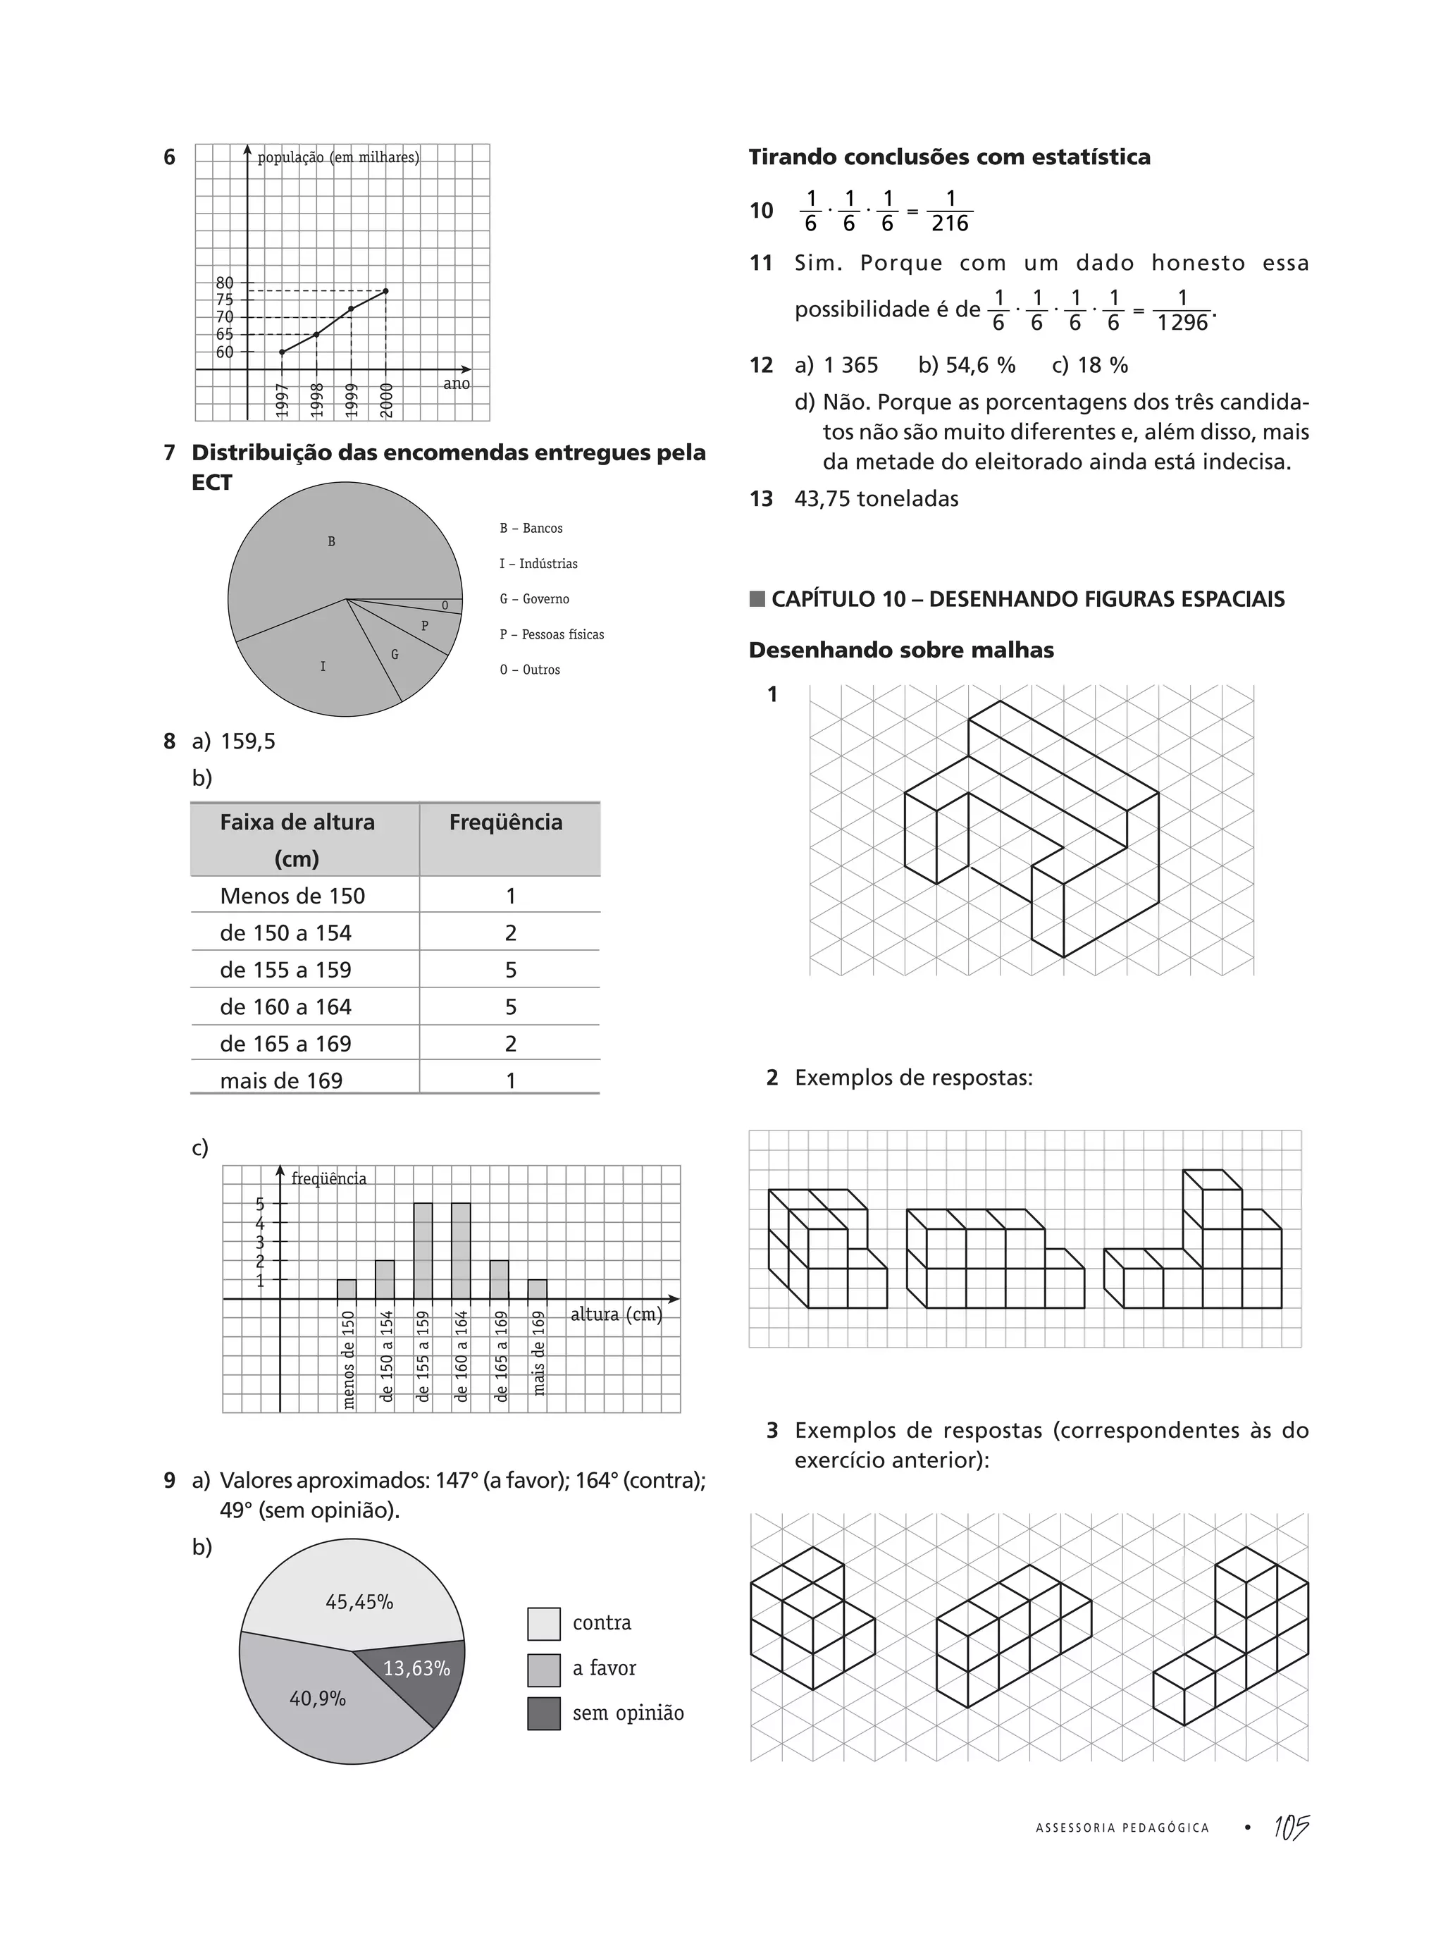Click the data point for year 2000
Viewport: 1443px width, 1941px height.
(386, 291)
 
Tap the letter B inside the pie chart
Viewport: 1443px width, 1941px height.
(331, 541)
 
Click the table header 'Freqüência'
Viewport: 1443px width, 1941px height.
(506, 823)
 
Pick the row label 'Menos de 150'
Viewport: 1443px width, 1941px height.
(292, 896)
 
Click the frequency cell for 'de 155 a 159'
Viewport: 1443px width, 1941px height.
(510, 970)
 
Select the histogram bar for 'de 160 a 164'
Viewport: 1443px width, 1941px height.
(462, 1250)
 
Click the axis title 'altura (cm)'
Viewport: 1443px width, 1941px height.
(616, 1314)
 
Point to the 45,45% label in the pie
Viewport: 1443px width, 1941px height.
(359, 1602)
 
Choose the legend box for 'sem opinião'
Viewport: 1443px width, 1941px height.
(543, 1714)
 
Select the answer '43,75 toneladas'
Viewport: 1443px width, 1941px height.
(876, 500)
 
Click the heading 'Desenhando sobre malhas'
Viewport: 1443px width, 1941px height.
(900, 651)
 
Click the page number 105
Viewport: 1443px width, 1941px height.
(1290, 1828)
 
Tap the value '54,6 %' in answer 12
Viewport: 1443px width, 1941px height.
(966, 365)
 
